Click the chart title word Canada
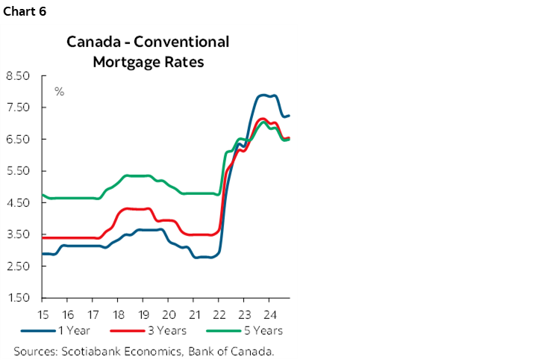point(93,42)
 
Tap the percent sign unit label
point(59,92)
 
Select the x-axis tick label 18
point(118,314)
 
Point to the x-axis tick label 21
point(194,314)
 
